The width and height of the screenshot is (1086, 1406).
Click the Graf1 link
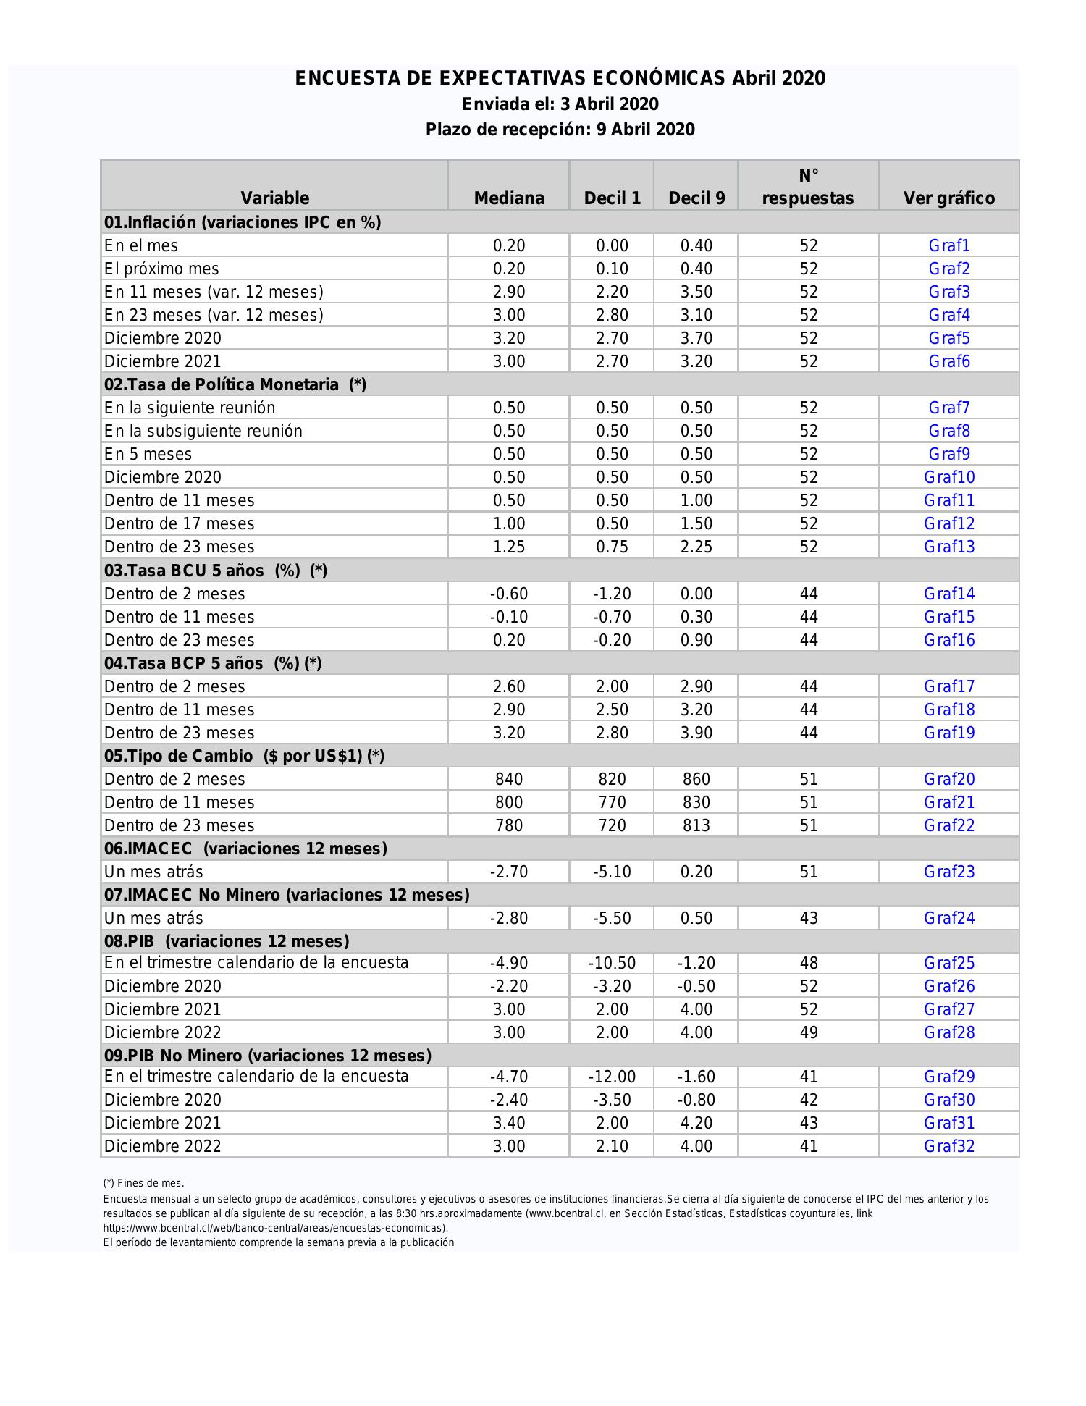point(948,245)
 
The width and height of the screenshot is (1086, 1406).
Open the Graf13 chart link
point(948,547)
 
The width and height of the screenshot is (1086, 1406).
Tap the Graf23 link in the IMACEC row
point(948,872)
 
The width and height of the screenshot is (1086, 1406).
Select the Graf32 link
point(948,1146)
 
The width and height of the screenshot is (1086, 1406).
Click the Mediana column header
point(509,198)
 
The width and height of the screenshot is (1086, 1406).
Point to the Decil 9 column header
point(696,198)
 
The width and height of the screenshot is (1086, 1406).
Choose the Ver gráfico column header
point(948,198)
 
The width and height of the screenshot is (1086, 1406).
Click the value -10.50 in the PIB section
point(612,963)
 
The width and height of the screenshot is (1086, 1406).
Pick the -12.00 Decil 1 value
point(612,1077)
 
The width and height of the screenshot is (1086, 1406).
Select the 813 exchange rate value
point(696,825)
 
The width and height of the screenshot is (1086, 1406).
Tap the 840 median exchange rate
point(509,779)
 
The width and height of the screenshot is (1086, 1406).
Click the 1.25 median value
point(509,547)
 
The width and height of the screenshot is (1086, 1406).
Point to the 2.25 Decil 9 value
point(696,547)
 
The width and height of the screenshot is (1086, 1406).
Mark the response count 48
point(808,963)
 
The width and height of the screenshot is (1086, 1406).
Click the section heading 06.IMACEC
point(245,849)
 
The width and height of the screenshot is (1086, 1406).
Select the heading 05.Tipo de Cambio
point(244,756)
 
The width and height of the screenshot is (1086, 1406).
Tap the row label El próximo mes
point(161,269)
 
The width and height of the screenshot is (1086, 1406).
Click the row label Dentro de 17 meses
point(179,523)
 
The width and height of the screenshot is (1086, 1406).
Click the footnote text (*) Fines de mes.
point(143,1183)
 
